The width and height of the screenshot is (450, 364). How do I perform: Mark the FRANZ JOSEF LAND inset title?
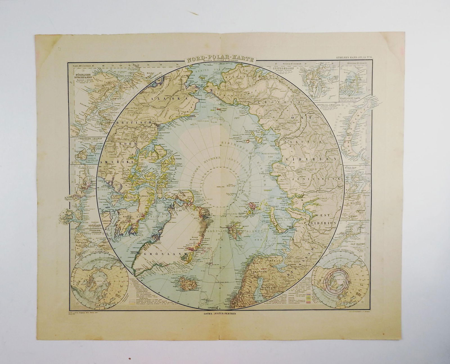[351, 98]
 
